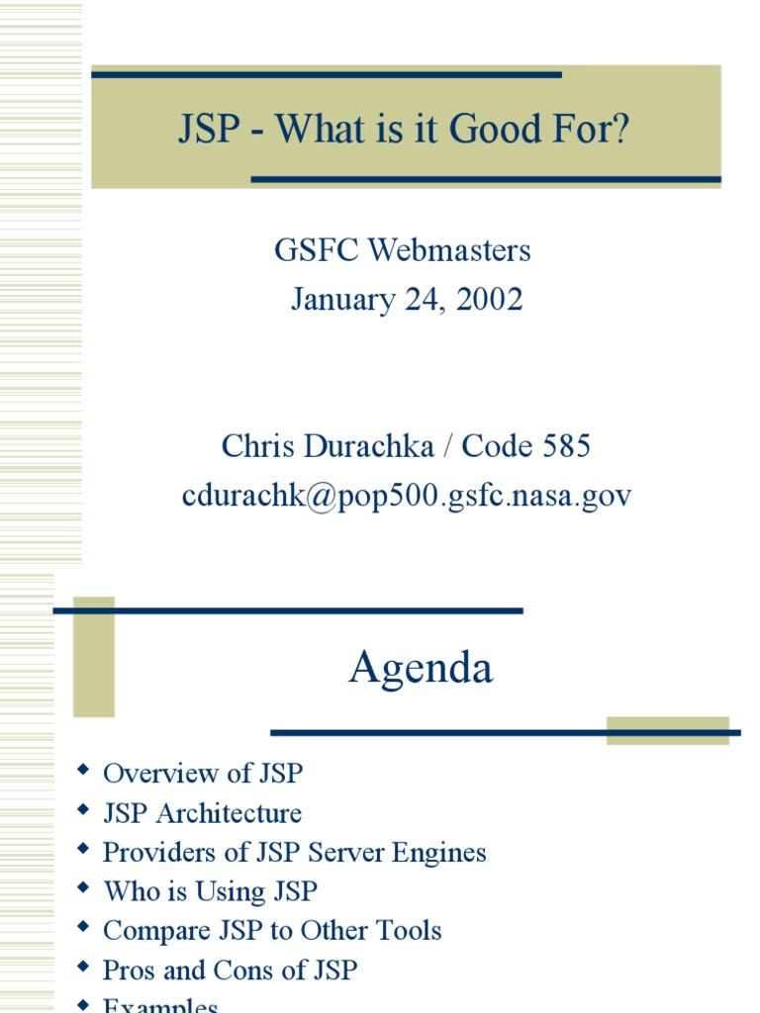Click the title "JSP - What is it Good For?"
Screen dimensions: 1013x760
[404, 130]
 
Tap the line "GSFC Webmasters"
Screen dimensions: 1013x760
[403, 250]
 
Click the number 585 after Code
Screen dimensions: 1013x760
[566, 446]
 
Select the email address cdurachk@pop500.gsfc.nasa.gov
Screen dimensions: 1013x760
[406, 496]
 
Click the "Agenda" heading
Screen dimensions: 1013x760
[421, 669]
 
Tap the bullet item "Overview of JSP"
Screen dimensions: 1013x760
[203, 774]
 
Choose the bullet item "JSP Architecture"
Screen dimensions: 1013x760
[202, 813]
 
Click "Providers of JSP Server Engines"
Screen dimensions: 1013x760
[295, 852]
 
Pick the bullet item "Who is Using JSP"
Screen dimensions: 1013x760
[211, 891]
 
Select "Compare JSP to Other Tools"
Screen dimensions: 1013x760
[272, 931]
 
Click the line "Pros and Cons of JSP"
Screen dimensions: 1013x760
[230, 970]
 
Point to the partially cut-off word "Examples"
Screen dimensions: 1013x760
[160, 1004]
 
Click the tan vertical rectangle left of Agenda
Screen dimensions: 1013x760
[94, 657]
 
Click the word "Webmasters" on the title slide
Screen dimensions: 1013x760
[449, 250]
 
